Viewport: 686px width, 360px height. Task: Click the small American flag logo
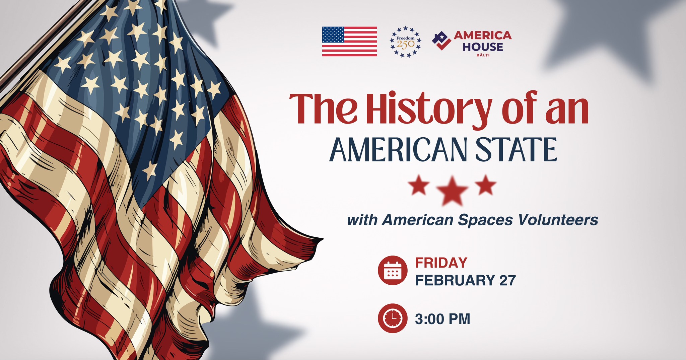tap(349, 41)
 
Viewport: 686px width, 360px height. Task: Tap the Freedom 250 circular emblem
tap(405, 42)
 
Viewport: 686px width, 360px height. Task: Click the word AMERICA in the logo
tap(482, 35)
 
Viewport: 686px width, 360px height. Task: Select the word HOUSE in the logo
tap(483, 47)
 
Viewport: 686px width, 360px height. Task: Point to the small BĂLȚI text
tap(483, 55)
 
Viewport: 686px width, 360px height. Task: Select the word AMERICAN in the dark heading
tap(398, 149)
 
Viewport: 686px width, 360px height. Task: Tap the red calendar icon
tap(393, 270)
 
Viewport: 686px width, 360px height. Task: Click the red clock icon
tap(393, 318)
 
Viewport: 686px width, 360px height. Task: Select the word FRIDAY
tap(441, 263)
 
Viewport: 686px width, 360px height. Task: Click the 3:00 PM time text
tap(442, 319)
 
